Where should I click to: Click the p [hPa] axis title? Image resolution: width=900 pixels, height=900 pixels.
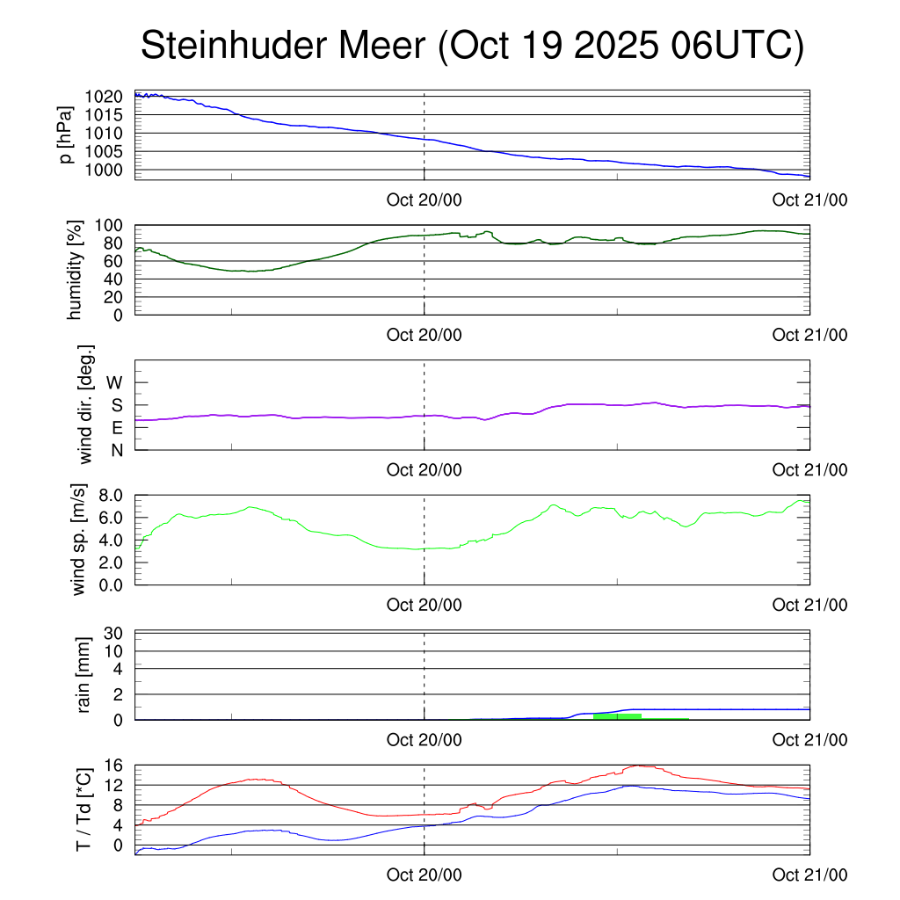click(x=65, y=134)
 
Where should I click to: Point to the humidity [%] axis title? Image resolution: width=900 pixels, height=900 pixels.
click(x=76, y=270)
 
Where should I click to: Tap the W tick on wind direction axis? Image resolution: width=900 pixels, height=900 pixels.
click(x=115, y=382)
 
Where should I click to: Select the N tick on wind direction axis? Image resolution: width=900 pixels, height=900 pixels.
click(x=116, y=450)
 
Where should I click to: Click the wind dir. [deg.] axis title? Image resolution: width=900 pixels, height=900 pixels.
click(x=86, y=403)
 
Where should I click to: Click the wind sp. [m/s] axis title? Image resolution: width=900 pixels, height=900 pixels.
click(x=80, y=539)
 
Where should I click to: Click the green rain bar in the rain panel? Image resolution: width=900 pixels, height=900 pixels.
click(x=617, y=716)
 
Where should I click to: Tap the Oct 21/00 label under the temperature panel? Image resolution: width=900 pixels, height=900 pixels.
click(x=809, y=875)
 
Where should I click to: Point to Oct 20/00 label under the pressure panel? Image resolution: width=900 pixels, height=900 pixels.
click(x=425, y=200)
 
